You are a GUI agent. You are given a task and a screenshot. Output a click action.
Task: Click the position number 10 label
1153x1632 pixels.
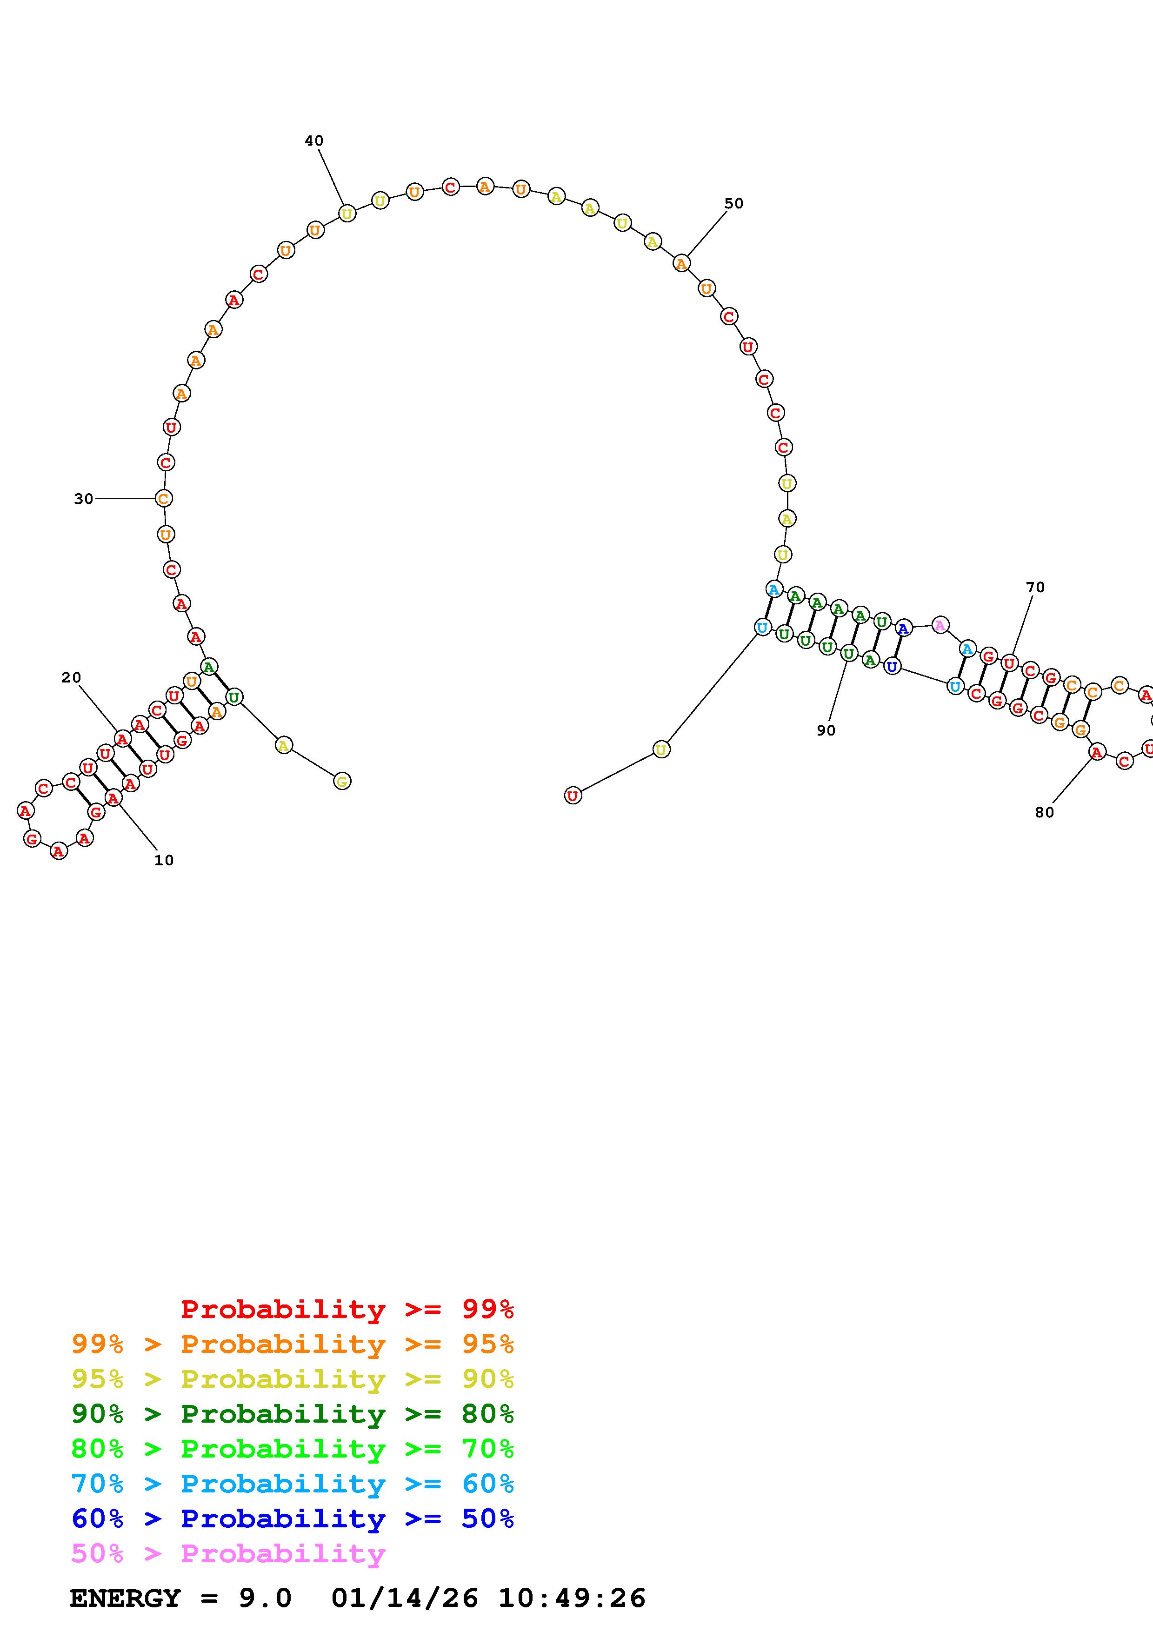click(164, 860)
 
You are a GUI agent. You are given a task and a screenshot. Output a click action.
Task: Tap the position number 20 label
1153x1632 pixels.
click(71, 677)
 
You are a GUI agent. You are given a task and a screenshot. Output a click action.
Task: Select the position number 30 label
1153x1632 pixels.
click(84, 499)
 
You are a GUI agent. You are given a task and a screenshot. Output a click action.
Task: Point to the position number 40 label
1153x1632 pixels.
click(314, 141)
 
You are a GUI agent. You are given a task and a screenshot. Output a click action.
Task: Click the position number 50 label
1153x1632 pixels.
click(734, 203)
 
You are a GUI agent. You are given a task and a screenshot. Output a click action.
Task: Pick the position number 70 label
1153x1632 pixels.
click(1036, 587)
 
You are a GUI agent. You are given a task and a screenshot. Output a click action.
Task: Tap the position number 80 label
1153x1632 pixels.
click(1044, 812)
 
